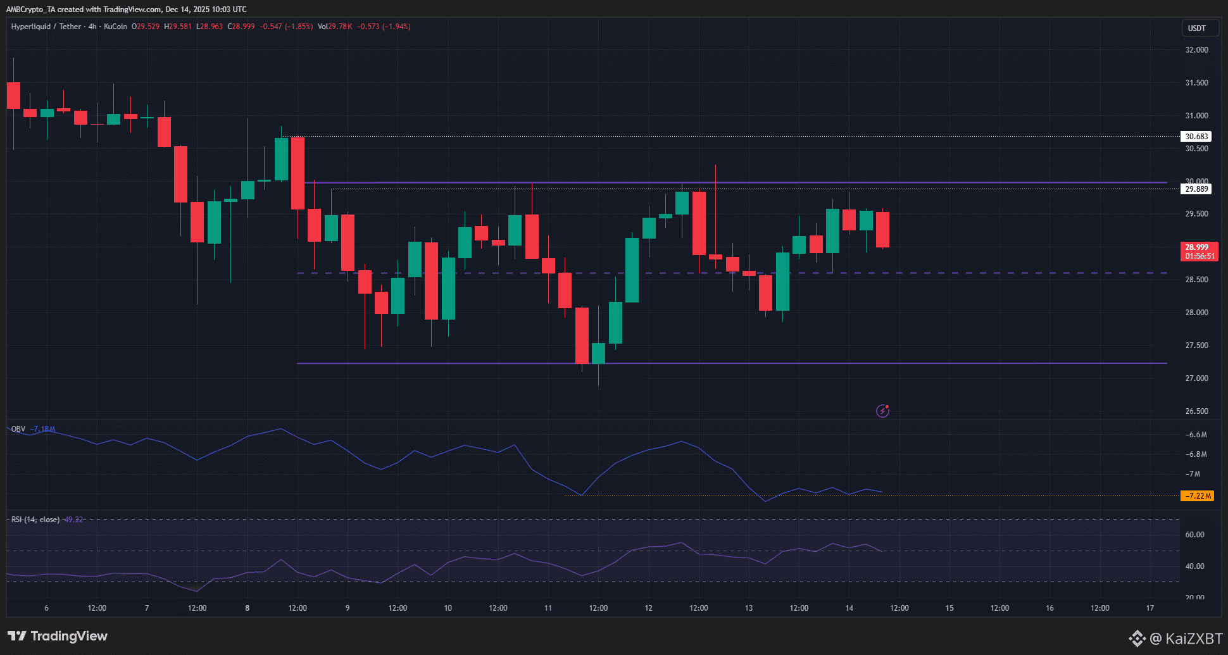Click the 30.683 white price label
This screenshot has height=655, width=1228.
click(1196, 136)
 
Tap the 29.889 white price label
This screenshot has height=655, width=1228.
click(1196, 189)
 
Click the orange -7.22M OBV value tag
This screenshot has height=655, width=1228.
click(1197, 496)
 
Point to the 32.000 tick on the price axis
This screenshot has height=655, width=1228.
click(1196, 50)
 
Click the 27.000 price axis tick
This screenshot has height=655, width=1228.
click(1196, 378)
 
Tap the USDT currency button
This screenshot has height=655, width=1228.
click(1196, 28)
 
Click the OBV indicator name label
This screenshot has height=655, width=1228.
click(18, 429)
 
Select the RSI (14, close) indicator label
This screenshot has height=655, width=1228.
click(35, 520)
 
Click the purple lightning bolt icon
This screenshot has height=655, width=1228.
click(882, 411)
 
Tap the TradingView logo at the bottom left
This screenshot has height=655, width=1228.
click(58, 636)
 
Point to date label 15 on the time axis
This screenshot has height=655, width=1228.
click(949, 608)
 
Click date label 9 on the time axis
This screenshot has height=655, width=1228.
click(348, 608)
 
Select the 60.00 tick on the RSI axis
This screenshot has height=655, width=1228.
click(1194, 535)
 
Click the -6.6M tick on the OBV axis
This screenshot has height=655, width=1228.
click(1196, 435)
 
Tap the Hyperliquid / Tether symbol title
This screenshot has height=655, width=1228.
click(46, 27)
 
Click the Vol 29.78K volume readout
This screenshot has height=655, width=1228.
click(335, 27)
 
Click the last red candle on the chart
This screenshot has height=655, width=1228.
click(882, 230)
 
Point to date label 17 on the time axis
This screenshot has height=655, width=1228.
click(1150, 608)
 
